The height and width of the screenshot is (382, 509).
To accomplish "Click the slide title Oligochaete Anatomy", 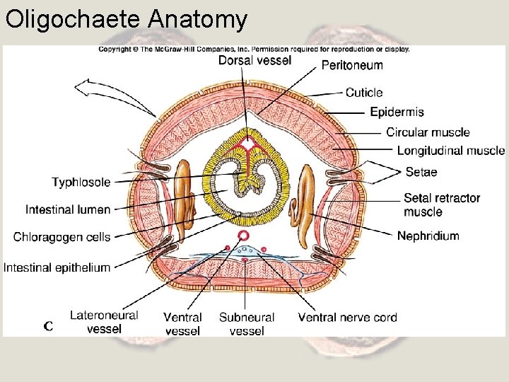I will tap(127, 19).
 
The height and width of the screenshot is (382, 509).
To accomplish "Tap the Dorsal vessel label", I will tap(255, 61).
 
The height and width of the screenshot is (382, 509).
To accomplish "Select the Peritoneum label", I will tap(352, 65).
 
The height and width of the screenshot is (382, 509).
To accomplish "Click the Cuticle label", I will tap(364, 93).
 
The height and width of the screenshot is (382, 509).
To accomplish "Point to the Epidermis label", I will tap(397, 112).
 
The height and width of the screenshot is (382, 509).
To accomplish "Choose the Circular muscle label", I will tap(428, 132).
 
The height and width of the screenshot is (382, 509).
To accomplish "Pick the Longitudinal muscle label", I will tap(450, 151).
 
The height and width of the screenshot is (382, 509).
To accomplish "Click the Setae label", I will tap(421, 172).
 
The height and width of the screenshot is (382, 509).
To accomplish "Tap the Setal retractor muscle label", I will tap(441, 205).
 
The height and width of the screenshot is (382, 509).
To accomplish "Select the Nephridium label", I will tap(428, 236).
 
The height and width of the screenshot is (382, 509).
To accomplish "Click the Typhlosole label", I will tap(81, 183).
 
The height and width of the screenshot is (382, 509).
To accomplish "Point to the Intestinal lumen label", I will tap(68, 209).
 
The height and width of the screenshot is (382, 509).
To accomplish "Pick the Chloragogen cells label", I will tap(62, 237).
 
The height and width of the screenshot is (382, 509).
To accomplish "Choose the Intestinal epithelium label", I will tap(57, 267).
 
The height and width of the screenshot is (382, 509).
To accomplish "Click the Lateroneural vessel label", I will tap(104, 322).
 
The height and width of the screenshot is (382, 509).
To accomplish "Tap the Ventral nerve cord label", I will tap(347, 318).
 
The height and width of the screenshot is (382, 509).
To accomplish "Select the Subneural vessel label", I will tap(247, 324).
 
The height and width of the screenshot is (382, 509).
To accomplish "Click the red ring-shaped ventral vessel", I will tap(244, 236).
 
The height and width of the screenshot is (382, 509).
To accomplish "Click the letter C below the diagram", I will tap(48, 326).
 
